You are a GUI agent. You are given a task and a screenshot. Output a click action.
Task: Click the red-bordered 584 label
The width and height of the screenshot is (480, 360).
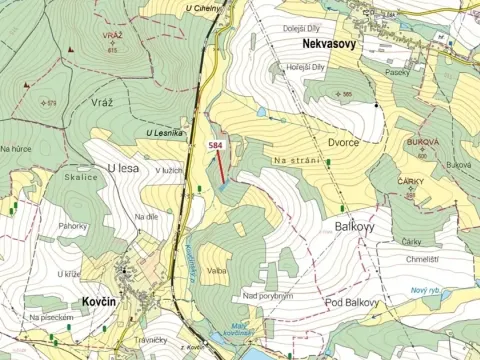pos(214,146)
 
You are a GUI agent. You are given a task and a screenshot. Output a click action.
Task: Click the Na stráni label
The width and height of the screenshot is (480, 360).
pos(296,160)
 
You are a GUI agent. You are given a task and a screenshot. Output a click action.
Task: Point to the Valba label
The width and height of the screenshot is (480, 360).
pos(218,270)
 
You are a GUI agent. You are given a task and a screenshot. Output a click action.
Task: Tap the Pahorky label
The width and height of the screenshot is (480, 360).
pos(72,226)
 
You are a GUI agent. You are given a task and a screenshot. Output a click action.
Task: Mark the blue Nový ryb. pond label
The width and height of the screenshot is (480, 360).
pos(427,290)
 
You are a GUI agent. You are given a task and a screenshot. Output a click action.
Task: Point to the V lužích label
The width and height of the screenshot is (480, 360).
pos(168,171)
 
